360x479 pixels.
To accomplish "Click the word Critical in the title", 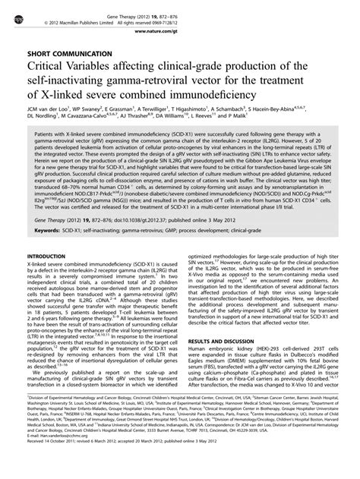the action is coord(50,71).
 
